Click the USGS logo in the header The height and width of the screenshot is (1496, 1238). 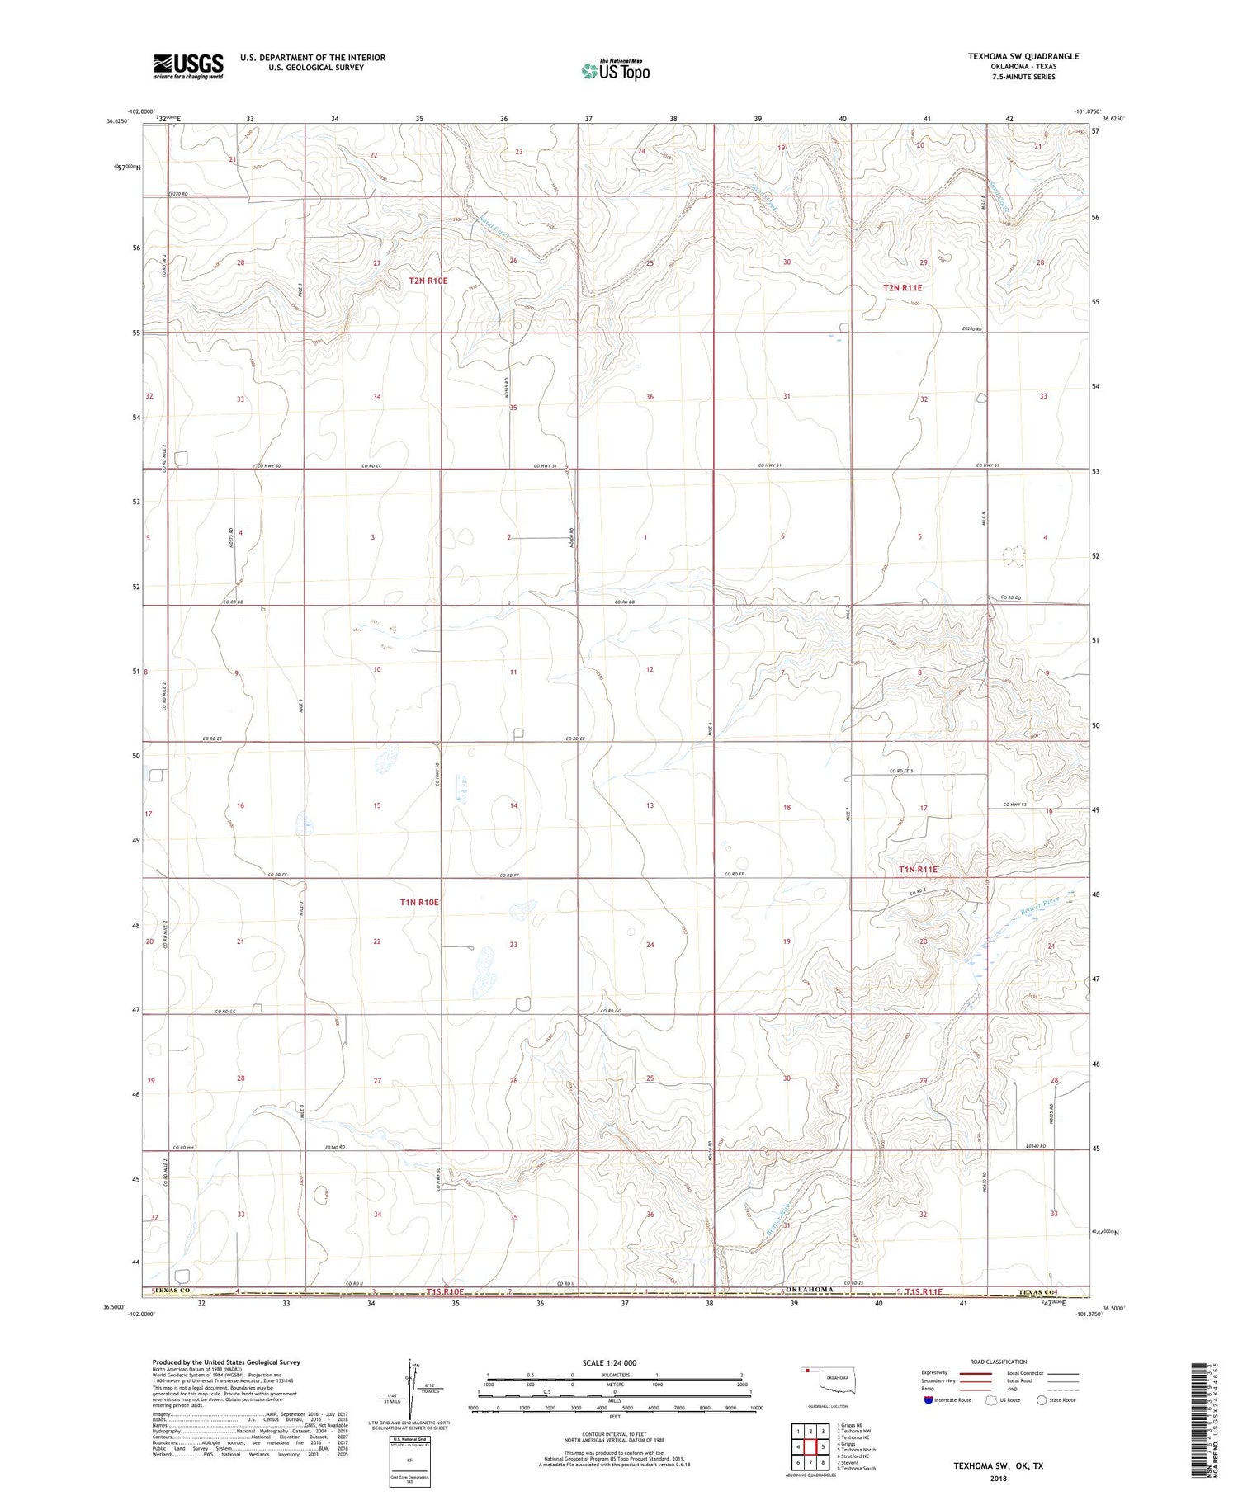(x=187, y=66)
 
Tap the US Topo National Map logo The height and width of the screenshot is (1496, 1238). (x=615, y=70)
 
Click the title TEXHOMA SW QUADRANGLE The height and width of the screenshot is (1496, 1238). (x=1023, y=56)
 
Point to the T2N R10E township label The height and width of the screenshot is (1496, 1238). (x=428, y=281)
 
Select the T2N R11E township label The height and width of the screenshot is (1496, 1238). (x=902, y=288)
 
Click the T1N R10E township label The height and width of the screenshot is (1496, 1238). (x=418, y=903)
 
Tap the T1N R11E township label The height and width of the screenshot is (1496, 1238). (x=918, y=870)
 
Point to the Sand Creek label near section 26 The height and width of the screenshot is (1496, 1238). (x=494, y=229)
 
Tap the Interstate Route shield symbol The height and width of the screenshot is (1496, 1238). (x=928, y=1400)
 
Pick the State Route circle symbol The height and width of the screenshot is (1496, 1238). (x=1042, y=1400)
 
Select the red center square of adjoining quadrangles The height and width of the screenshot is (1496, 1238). (x=810, y=1447)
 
